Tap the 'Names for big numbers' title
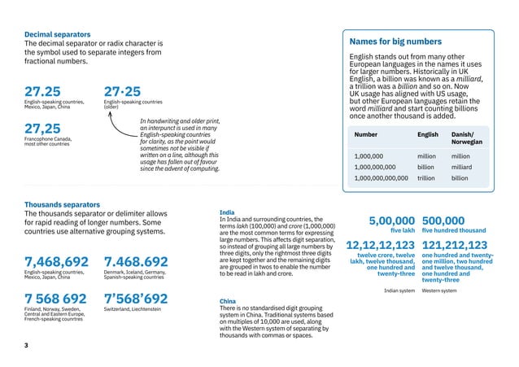tap(395, 41)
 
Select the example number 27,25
tap(42, 129)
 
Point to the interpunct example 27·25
tap(122, 91)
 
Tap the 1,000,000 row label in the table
tap(369, 155)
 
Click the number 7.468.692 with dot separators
tap(136, 261)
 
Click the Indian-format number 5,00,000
tap(391, 221)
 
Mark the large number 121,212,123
tap(455, 245)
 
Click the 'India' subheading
tap(228, 212)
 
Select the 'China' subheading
tap(228, 301)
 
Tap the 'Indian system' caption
tap(399, 290)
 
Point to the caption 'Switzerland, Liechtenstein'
tap(133, 310)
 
